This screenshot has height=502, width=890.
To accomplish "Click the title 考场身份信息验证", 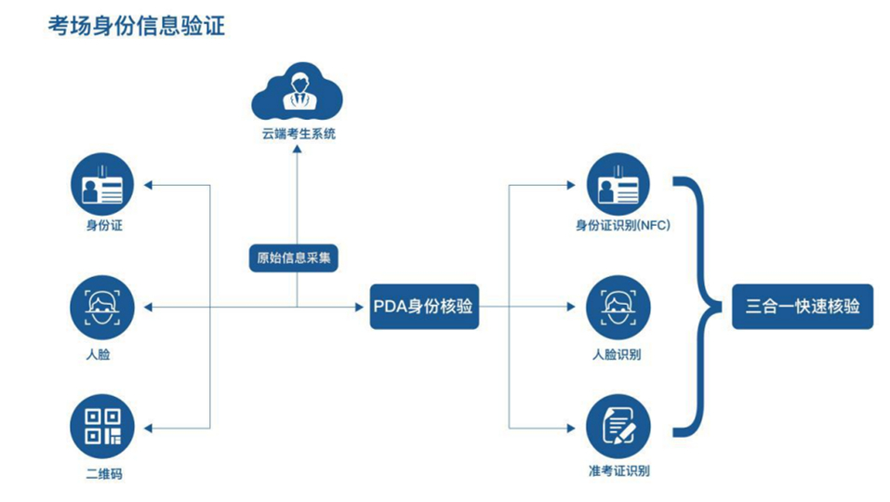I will (x=137, y=26).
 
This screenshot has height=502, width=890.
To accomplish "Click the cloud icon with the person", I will (x=298, y=91).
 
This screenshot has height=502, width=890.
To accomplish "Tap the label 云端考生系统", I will (x=298, y=134).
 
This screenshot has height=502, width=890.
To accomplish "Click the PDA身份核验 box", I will (x=425, y=307).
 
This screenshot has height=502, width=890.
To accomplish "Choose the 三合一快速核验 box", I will (x=803, y=307).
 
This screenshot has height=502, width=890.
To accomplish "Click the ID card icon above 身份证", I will (x=103, y=184).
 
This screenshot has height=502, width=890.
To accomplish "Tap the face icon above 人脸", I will (x=103, y=307).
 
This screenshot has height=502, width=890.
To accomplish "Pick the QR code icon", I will (x=103, y=427).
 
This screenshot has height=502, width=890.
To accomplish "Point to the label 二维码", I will (x=103, y=474).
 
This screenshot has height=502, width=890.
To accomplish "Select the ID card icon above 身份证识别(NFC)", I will (x=618, y=184).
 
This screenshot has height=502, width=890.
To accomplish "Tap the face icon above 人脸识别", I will (x=618, y=307).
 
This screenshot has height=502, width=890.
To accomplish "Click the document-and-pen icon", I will (x=618, y=427).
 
